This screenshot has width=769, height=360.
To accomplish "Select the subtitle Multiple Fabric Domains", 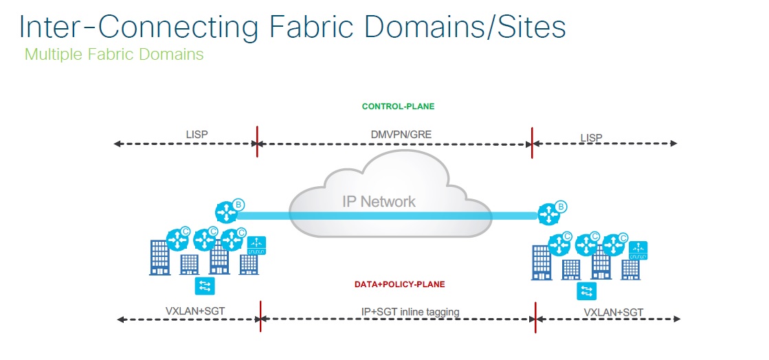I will tap(114, 54).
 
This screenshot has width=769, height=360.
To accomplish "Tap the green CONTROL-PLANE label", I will tap(398, 106).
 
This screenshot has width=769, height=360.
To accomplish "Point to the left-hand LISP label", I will tap(197, 135).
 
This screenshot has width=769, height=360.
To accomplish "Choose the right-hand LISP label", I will tap(591, 137).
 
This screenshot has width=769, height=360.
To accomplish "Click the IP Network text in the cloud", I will tap(379, 201).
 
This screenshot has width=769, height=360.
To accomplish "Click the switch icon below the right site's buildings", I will tap(587, 291).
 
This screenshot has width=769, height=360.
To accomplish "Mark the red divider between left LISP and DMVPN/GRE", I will tap(257, 142).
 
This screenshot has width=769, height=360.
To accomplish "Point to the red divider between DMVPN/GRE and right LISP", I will tap(532, 143).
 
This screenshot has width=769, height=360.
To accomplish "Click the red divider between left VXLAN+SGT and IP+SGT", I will tap(260, 317).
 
